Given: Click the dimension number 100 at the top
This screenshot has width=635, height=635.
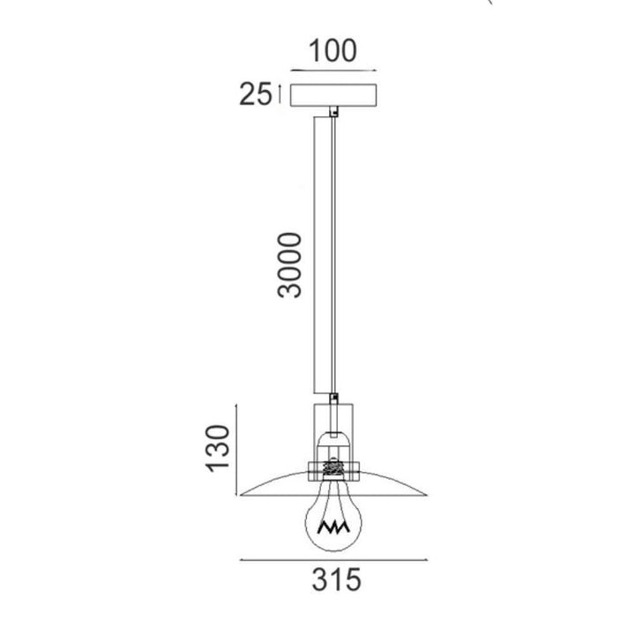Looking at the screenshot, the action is (332, 51).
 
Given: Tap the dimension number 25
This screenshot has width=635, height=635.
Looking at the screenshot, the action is (256, 94).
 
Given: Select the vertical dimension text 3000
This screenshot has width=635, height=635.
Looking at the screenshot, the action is (290, 265).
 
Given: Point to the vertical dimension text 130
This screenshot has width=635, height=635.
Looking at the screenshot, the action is (219, 448).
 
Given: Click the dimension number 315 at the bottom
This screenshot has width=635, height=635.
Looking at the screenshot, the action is (336, 579).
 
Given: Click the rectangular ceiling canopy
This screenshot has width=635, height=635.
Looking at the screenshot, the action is (333, 95).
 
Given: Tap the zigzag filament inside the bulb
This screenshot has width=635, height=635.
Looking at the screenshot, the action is (333, 527).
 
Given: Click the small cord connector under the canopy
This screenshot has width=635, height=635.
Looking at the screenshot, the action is (333, 111).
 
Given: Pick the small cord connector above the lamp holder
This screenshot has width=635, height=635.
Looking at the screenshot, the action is (333, 398).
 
